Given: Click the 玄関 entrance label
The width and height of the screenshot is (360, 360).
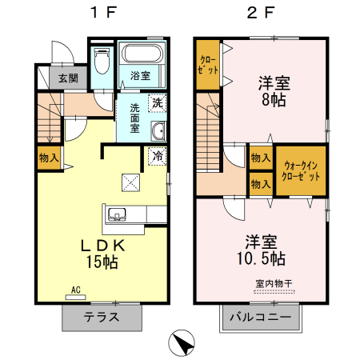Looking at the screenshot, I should click(x=67, y=78).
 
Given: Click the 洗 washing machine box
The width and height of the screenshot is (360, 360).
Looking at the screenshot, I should click(x=158, y=102).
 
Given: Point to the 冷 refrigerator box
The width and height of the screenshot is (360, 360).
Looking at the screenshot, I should click(x=158, y=157).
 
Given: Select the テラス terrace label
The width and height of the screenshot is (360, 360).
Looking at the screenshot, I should click(x=102, y=317).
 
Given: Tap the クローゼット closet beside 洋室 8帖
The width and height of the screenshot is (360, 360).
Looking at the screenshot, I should click(x=207, y=65).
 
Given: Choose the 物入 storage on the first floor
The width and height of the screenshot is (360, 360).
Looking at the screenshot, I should click(x=49, y=158).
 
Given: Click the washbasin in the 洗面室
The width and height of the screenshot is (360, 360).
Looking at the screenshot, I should click(x=158, y=132).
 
